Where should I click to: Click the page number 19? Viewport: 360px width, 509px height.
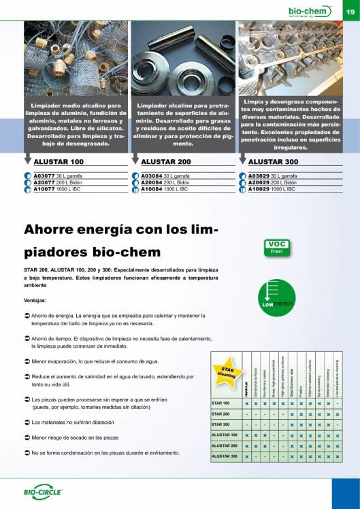[x=349, y=11]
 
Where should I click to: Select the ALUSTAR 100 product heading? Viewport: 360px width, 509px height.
[x=58, y=162]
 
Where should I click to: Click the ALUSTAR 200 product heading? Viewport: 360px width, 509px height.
[x=165, y=162]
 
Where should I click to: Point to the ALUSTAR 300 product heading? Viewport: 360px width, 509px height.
[x=273, y=162]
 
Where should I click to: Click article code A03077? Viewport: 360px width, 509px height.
[x=42, y=176]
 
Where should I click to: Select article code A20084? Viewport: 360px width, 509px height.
[x=150, y=182]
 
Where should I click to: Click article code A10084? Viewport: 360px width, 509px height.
[x=150, y=189]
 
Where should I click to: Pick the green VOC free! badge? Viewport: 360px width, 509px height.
[x=276, y=246]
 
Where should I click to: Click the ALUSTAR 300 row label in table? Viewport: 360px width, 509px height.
[x=225, y=456]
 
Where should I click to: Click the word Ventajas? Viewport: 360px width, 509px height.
[x=35, y=300]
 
